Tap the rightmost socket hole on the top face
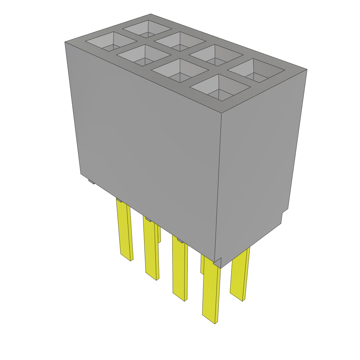point(256,71)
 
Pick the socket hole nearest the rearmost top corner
point(147,29)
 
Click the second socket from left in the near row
point(144,56)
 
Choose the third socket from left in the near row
point(180,70)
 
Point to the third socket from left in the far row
point(216,56)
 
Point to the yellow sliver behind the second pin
point(159,234)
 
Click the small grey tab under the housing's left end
point(91,182)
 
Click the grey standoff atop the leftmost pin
point(119,200)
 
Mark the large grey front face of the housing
point(148,141)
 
